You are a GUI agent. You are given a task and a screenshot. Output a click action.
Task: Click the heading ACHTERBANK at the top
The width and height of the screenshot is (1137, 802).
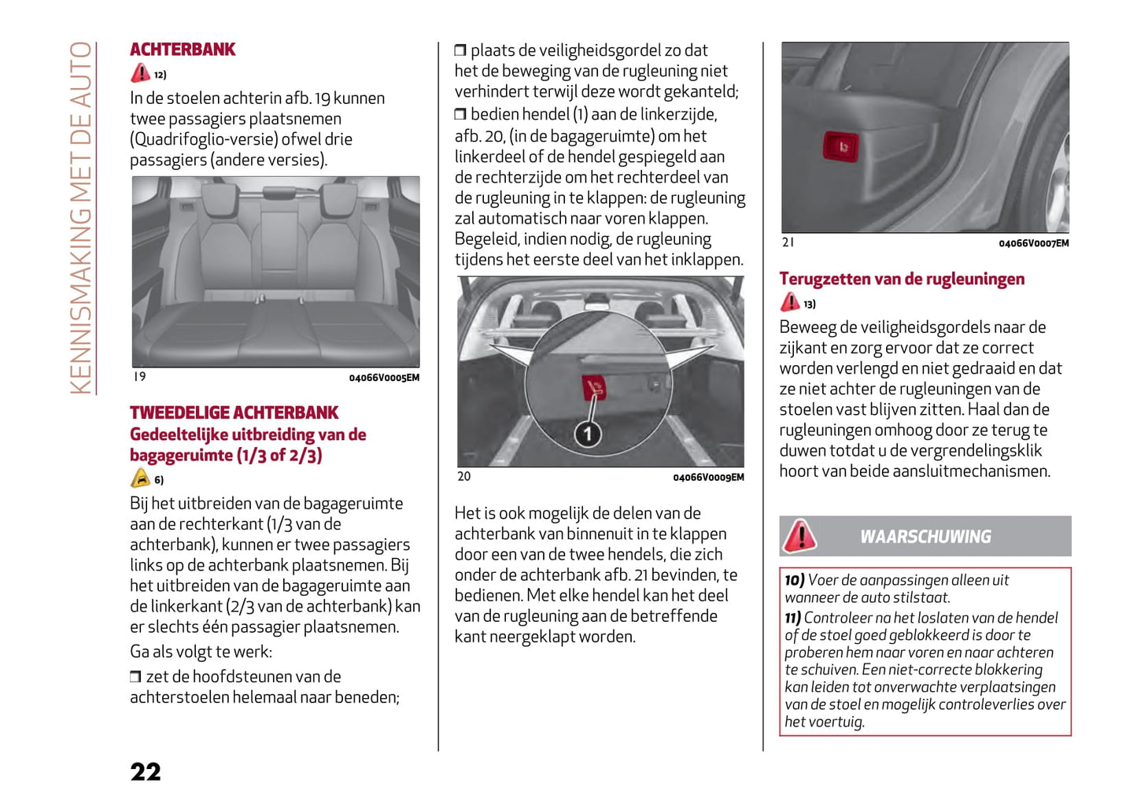click(183, 50)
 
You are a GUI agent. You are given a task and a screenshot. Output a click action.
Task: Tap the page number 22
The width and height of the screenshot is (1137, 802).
click(146, 771)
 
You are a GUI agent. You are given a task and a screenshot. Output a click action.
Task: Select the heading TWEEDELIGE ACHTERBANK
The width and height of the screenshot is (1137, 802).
click(234, 412)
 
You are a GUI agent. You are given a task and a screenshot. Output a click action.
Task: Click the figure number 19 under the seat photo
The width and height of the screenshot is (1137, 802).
click(140, 377)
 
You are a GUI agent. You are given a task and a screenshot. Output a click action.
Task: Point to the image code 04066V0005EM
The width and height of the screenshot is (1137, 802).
click(384, 378)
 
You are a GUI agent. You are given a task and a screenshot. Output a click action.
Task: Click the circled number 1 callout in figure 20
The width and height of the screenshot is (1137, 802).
click(588, 434)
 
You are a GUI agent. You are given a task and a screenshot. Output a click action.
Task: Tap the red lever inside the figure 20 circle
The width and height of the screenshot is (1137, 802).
click(594, 387)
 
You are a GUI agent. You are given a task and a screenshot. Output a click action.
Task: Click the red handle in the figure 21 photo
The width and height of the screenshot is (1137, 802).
click(840, 146)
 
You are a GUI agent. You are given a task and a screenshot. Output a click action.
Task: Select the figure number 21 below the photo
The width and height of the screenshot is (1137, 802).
click(788, 242)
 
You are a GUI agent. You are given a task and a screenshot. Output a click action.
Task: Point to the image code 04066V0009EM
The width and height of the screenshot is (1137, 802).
click(708, 477)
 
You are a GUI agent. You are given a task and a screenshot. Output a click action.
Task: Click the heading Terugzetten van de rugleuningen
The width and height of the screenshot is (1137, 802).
click(902, 279)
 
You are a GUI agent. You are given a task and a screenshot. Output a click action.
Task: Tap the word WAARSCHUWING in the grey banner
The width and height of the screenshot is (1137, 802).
click(925, 537)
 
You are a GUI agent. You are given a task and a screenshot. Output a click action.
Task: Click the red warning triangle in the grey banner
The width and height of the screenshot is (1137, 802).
click(800, 536)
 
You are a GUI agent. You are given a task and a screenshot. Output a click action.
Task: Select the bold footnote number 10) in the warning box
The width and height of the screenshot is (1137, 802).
click(794, 580)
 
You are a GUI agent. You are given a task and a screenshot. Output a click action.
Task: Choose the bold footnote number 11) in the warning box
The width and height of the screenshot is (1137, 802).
click(793, 618)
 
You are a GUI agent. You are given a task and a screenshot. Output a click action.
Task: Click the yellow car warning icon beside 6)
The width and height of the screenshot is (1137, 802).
click(140, 479)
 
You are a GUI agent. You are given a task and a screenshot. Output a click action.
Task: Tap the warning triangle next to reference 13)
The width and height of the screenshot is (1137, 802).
click(789, 302)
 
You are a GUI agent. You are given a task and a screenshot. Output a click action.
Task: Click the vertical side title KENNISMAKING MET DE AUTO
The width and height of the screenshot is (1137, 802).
click(81, 217)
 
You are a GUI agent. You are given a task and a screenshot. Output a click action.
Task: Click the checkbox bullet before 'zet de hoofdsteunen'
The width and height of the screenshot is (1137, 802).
click(135, 677)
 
